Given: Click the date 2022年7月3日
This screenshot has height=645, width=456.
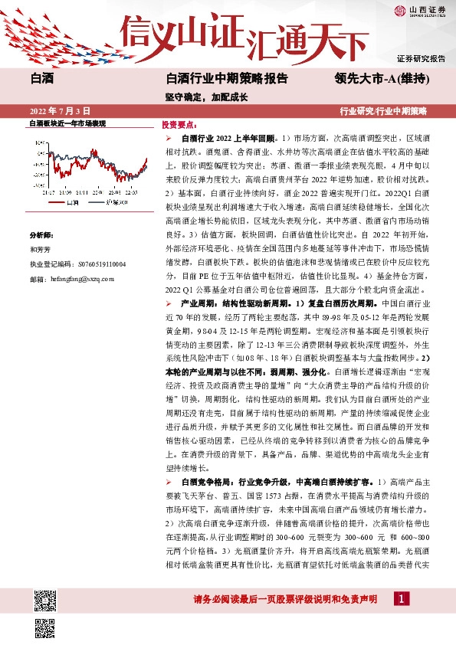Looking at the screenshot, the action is [x=60, y=111].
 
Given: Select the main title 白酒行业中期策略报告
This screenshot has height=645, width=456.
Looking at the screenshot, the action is [x=227, y=78].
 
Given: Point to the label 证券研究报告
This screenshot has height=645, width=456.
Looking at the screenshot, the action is [x=421, y=58].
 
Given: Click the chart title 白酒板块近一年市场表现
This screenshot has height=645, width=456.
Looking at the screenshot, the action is [x=67, y=123].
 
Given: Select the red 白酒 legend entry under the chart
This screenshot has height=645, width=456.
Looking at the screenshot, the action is [x=69, y=204].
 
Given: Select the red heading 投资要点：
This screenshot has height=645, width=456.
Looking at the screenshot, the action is [x=179, y=124].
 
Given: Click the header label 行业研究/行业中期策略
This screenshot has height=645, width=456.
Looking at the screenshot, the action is [x=383, y=111].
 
